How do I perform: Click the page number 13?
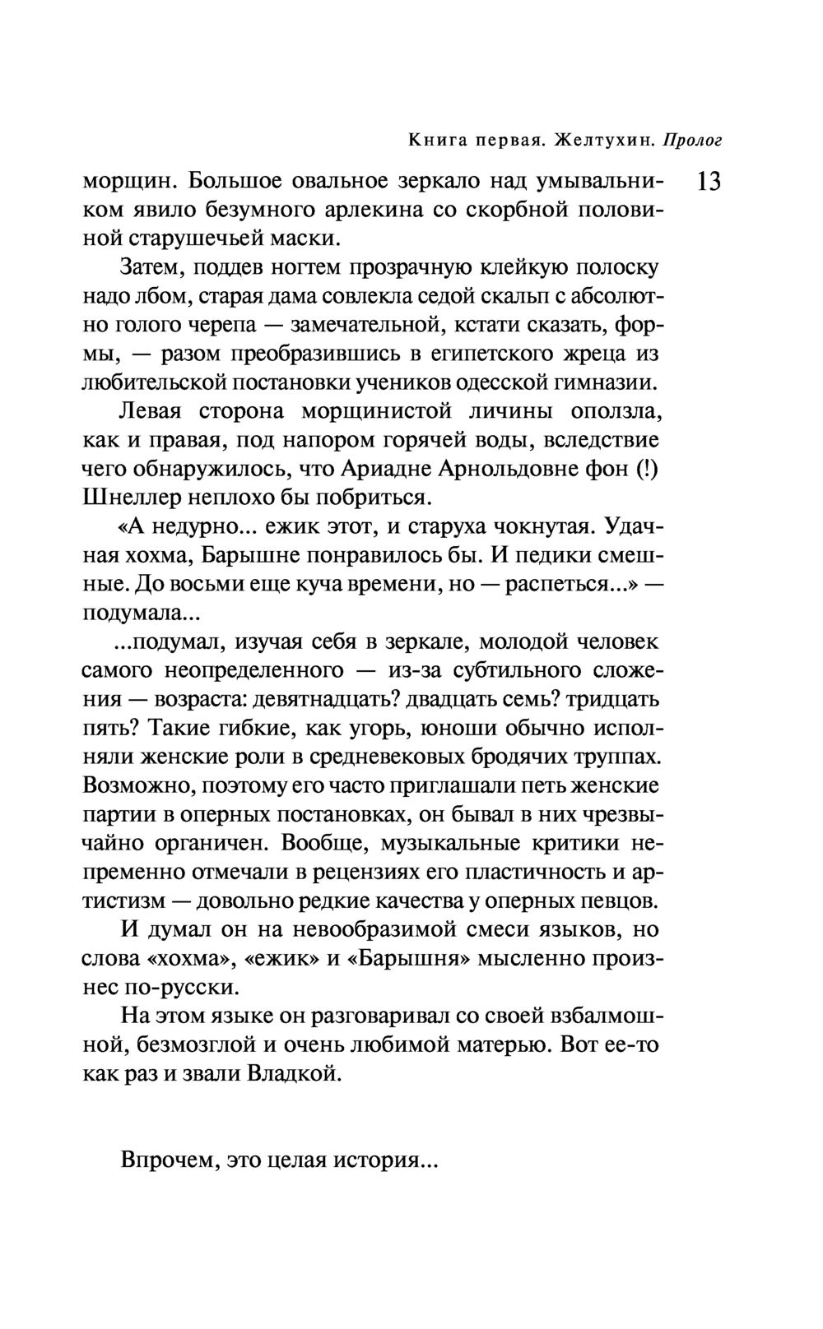point(709,181)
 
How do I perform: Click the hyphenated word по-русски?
point(182,987)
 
